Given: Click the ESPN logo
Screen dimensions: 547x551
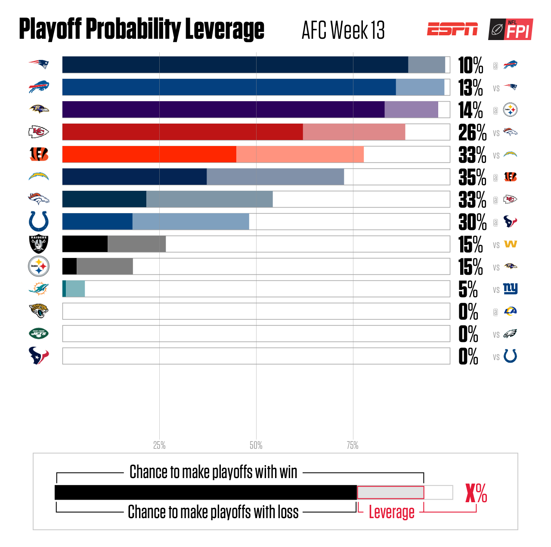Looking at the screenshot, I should [x=452, y=29].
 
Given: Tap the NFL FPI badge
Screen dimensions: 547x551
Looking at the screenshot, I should [x=511, y=29].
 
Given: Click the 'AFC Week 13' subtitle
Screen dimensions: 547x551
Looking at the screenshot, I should [x=343, y=30].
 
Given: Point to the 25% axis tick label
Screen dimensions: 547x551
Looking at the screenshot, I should [x=159, y=445].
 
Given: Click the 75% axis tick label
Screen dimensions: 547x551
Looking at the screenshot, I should [x=353, y=445].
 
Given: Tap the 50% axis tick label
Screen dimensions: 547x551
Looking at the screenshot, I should [x=256, y=445].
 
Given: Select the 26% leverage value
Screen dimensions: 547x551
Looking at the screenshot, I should [x=472, y=132].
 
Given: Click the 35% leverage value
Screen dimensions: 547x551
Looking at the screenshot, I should [x=472, y=177].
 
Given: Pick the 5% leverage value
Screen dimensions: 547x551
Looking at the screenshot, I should [x=468, y=289].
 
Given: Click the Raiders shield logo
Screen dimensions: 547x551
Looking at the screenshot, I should [x=39, y=244].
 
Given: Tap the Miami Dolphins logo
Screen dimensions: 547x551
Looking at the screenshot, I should [x=39, y=289].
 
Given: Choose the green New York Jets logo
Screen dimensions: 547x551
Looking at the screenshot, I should [x=39, y=333].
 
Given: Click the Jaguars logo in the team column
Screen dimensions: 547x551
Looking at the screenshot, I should [x=39, y=311].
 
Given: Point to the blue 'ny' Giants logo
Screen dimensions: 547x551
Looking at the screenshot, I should [x=511, y=289].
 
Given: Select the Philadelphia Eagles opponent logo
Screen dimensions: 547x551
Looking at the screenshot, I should [x=511, y=333].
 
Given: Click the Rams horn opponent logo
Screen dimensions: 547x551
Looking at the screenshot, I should [x=511, y=311].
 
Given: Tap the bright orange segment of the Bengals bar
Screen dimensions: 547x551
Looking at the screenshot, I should [x=149, y=154].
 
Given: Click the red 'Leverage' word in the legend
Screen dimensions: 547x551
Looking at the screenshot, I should [x=391, y=512].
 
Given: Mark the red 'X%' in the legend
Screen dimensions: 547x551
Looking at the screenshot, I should [x=476, y=493].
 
